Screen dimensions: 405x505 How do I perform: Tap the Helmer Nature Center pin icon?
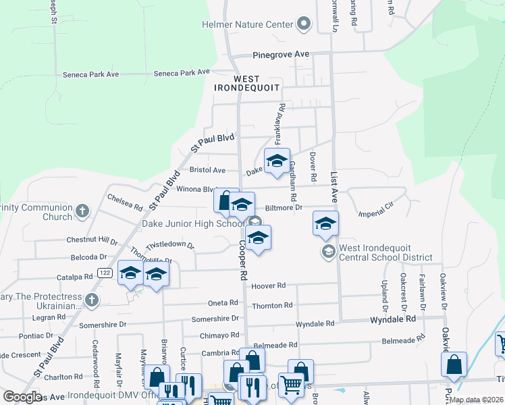pos(304,25)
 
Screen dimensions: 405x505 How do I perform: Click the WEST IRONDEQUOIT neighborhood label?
pos(246,84)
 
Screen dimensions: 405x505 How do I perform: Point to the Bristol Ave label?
pos(207,171)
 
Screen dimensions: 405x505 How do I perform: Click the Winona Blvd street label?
pos(195,190)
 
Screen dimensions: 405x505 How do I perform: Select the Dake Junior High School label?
pos(192,224)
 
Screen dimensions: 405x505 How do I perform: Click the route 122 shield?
pos(104,273)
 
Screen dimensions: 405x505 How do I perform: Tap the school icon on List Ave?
pos(325,223)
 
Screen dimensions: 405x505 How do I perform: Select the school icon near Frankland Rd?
pos(276,161)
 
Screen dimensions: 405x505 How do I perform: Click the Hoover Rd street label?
pos(269,286)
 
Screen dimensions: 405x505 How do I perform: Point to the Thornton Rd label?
pos(272,306)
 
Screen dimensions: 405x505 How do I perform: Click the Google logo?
pos(23,397)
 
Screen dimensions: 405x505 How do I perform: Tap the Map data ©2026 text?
pos(476,400)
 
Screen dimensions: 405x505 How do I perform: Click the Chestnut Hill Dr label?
pos(92,240)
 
